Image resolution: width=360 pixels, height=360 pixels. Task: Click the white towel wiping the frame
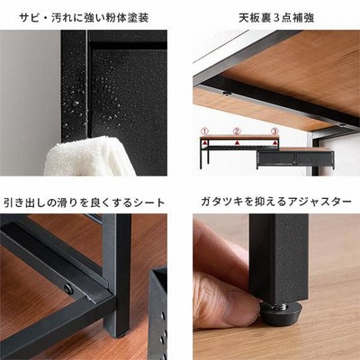88,157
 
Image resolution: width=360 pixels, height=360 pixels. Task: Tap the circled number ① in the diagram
204,131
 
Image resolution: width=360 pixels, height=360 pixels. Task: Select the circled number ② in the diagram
237,131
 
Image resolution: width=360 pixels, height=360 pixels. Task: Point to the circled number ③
274,131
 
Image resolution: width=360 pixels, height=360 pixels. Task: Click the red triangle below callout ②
237,142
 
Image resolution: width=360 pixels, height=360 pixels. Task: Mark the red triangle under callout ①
204,142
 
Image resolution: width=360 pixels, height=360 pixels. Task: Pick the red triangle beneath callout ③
274,143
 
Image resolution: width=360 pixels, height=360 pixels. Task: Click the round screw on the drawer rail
68,289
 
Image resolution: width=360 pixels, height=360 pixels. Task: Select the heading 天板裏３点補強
276,18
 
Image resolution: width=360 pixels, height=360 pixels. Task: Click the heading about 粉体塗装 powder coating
84,18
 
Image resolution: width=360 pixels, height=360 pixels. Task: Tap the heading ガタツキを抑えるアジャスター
276,202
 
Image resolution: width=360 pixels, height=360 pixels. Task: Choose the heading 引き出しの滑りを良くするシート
85,202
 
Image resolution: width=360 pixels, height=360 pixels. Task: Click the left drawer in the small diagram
276,158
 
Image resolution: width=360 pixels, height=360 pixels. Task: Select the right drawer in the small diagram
314,158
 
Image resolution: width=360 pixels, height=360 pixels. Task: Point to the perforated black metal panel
158,313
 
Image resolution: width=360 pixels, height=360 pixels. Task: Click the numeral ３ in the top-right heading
276,18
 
